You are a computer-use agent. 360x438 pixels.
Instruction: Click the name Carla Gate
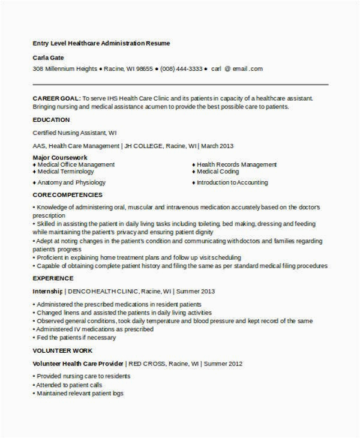tap(48, 58)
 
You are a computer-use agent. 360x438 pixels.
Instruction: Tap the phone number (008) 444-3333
tap(181, 69)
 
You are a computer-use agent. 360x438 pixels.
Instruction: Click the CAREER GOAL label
tap(56, 98)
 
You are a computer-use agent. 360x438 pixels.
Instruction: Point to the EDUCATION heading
tap(51, 120)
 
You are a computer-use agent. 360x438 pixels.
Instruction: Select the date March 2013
tap(217, 146)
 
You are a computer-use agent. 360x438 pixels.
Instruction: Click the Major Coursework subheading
tap(56, 157)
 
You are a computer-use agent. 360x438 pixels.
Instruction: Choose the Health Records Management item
tap(236, 164)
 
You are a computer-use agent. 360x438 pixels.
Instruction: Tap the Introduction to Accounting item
tap(232, 182)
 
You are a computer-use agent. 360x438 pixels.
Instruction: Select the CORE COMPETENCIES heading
tap(67, 195)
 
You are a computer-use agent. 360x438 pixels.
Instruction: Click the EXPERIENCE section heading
tap(53, 278)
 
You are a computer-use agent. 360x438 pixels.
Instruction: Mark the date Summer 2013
tap(196, 291)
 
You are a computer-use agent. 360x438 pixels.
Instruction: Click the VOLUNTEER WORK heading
tap(62, 350)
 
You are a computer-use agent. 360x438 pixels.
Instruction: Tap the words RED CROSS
tap(146, 364)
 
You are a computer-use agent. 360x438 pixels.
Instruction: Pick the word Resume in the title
tap(158, 43)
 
